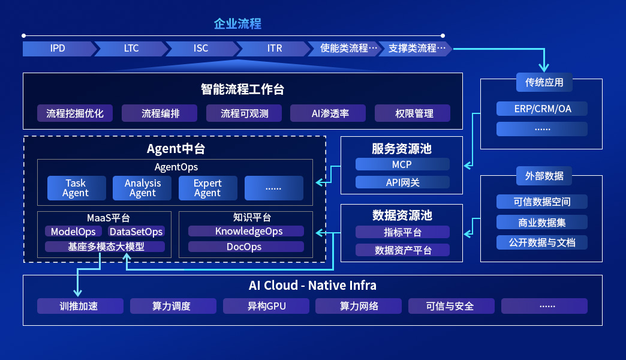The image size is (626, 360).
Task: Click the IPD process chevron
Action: click(x=58, y=49)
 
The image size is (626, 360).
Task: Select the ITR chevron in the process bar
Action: click(x=274, y=49)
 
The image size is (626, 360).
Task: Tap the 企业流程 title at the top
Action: click(x=237, y=25)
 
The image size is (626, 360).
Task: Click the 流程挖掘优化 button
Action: click(x=75, y=113)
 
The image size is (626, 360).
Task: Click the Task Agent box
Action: click(x=76, y=188)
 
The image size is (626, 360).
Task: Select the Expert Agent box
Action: click(x=207, y=188)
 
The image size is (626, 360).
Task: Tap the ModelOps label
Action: click(x=73, y=232)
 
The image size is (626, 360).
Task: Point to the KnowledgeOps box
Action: click(x=246, y=232)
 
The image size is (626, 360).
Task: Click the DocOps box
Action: click(x=246, y=247)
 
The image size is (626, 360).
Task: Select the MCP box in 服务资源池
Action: click(x=402, y=164)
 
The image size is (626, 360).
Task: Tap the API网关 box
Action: click(x=402, y=182)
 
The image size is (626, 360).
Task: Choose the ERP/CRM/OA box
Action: click(x=542, y=109)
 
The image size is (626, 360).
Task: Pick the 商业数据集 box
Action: click(x=542, y=223)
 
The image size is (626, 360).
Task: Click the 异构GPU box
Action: click(x=266, y=307)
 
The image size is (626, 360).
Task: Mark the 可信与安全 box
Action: click(x=450, y=307)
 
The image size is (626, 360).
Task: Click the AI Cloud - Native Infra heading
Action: click(x=312, y=286)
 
